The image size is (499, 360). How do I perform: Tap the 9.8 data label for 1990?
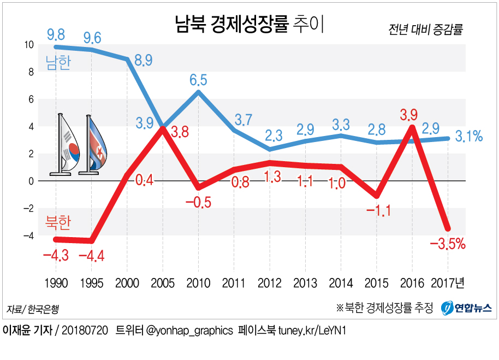[56, 36]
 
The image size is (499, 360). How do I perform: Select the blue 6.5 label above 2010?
[198, 80]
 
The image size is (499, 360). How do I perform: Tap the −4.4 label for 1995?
[92, 255]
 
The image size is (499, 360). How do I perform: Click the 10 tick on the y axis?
[29, 45]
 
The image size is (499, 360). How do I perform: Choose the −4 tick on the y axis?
[28, 235]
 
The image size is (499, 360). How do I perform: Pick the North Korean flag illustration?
[95, 145]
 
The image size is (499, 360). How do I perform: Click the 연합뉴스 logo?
[467, 308]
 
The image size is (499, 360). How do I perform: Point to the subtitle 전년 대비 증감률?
[426, 29]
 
